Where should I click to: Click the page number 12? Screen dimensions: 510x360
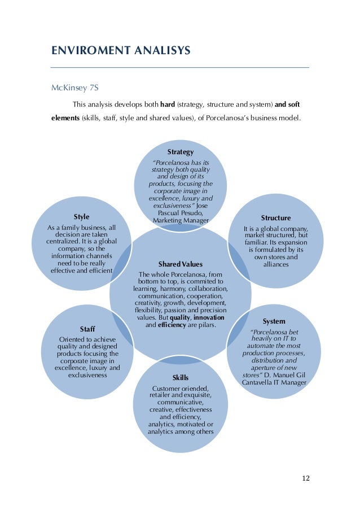(306, 478)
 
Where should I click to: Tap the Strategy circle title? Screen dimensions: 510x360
(180, 152)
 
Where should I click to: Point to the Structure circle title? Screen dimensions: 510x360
(276, 217)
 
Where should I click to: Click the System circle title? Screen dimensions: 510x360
(274, 321)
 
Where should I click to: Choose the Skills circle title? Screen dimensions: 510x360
(181, 377)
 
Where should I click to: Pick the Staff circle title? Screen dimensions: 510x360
(87, 329)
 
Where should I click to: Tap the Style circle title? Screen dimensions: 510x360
(82, 217)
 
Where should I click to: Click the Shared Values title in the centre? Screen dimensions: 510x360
(180, 264)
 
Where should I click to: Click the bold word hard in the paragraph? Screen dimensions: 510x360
(168, 104)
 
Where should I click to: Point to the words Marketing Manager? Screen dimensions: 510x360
(181, 220)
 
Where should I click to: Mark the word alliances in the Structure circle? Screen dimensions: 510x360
(276, 264)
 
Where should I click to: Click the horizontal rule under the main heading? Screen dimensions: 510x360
(180, 68)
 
